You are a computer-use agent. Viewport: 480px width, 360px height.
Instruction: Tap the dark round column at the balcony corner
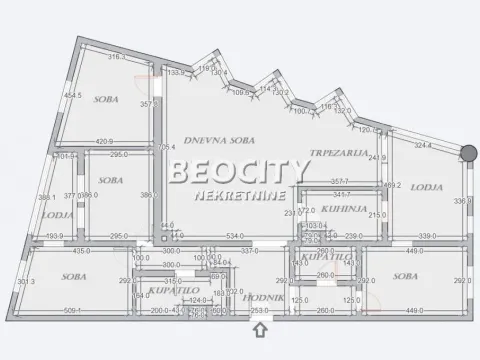(x=468, y=153)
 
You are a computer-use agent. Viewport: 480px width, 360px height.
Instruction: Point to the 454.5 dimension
(x=73, y=96)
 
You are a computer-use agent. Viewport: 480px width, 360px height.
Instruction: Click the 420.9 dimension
(x=108, y=142)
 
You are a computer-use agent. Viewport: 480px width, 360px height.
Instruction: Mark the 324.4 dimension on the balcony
(x=423, y=147)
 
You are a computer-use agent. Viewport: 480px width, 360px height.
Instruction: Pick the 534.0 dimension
(x=234, y=237)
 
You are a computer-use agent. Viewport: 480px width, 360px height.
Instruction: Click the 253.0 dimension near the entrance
(x=259, y=312)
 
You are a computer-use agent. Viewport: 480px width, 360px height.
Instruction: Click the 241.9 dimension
(x=377, y=157)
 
